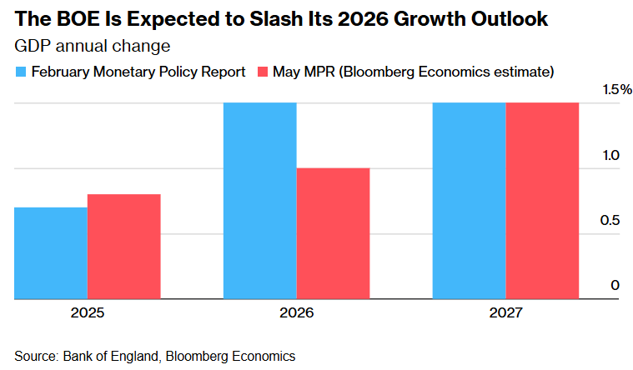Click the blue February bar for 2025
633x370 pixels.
pyautogui.click(x=51, y=252)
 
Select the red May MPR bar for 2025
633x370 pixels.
pyautogui.click(x=123, y=246)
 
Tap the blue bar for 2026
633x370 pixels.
pyautogui.click(x=260, y=200)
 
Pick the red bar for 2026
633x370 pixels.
pyautogui.click(x=333, y=233)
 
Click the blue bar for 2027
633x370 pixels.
pyautogui.click(x=469, y=200)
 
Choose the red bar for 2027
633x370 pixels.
pyautogui.click(x=542, y=200)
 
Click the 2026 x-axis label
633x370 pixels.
pyautogui.click(x=296, y=312)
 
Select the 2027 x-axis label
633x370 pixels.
pyautogui.click(x=505, y=312)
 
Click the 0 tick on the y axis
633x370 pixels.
pyautogui.click(x=615, y=285)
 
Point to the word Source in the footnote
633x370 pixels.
pyautogui.click(x=35, y=356)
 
